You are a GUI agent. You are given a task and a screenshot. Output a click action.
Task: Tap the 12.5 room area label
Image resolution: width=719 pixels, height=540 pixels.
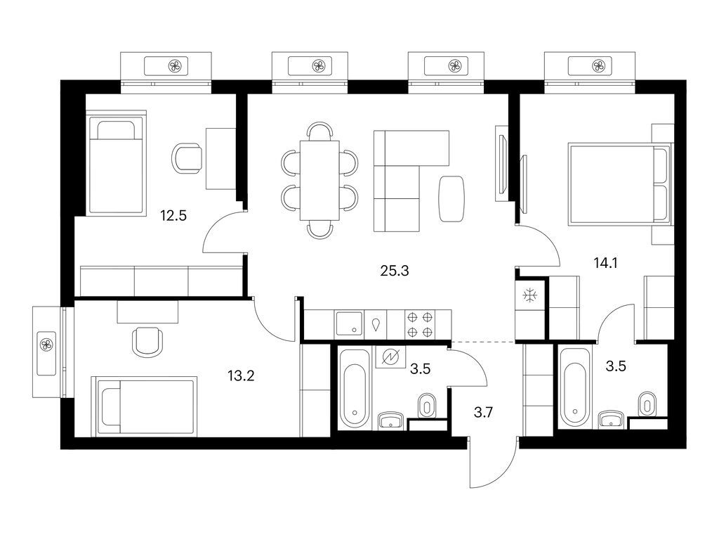tap(173, 216)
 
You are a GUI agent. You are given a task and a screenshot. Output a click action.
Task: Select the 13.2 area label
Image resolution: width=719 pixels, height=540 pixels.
tap(240, 375)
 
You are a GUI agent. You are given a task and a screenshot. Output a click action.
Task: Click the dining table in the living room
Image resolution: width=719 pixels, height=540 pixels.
tap(319, 180)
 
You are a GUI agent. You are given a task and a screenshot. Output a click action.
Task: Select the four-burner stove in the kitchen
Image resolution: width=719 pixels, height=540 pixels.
tap(420, 324)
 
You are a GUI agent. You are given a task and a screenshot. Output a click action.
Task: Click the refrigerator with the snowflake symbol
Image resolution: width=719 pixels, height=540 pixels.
tap(529, 296)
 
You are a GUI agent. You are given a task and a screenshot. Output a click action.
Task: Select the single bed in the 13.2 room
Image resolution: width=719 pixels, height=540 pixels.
tap(144, 406)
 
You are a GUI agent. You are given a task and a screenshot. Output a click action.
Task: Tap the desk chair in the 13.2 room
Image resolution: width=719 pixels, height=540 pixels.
tap(147, 340)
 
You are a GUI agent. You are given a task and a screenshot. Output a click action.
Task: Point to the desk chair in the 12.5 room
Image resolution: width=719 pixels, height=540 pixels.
tap(187, 157)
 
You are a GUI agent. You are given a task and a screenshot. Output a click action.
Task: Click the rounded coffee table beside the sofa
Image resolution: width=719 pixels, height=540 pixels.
tap(451, 198)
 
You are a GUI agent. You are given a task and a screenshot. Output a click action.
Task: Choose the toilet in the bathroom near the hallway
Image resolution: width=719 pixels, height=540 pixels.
tap(426, 404)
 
